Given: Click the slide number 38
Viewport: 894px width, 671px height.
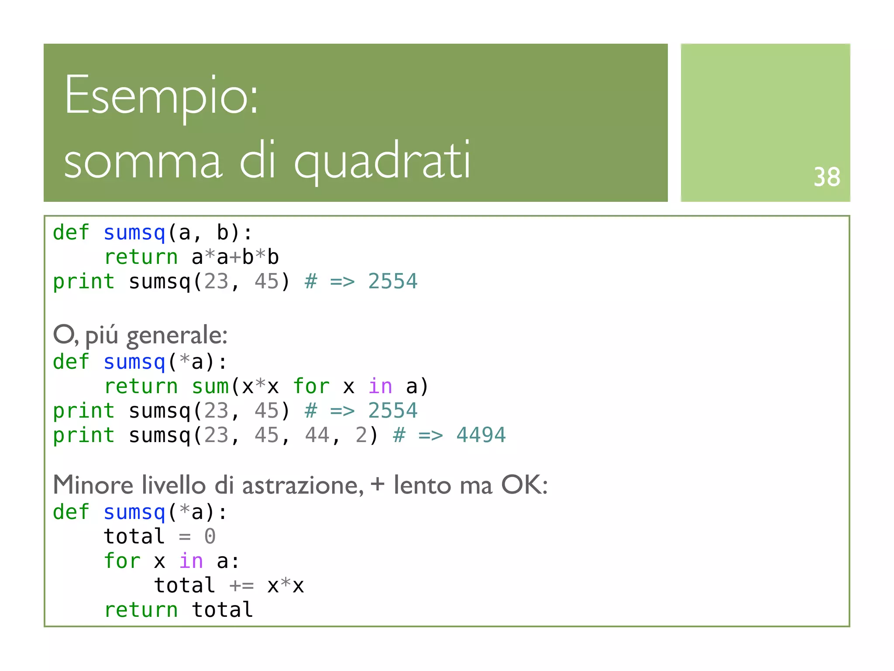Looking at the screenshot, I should [826, 177].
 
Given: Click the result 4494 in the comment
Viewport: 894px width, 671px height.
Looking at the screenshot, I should [481, 435].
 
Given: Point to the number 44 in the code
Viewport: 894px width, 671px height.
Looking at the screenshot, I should [317, 435].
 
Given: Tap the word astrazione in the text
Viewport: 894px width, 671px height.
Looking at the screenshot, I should [302, 486].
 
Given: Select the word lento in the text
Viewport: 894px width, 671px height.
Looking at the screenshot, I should [422, 486].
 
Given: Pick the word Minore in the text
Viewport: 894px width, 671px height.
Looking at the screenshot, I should [93, 485].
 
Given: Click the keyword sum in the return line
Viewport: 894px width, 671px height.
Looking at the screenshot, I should [210, 387].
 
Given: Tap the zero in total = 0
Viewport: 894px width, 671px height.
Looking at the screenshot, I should [210, 536].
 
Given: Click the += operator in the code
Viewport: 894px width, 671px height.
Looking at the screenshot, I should [241, 586].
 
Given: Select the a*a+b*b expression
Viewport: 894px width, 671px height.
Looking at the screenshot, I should [235, 257].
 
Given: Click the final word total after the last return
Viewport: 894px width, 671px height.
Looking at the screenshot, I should [222, 610].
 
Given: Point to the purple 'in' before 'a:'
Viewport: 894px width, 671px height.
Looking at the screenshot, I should [191, 561].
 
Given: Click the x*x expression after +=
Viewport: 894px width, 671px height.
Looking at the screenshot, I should [285, 586].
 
